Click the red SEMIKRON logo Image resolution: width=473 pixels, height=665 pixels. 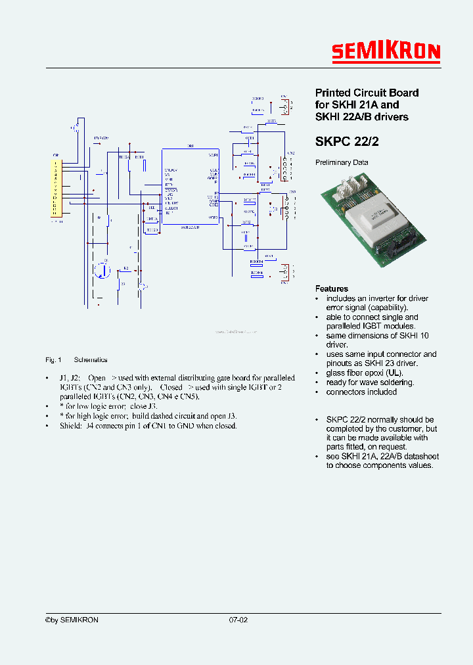pos(385,53)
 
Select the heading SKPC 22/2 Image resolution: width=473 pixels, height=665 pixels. pos(347,141)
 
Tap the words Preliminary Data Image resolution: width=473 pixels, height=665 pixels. pos(342,162)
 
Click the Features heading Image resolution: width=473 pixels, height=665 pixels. pos(332,288)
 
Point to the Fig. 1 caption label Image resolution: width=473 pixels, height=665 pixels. pos(53,360)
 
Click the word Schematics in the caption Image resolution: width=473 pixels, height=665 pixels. pos(91,360)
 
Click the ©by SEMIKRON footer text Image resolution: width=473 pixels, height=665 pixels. pos(72,620)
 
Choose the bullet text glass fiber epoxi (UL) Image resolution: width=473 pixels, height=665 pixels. pos(365,373)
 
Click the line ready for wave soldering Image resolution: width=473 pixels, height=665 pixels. pos(370,382)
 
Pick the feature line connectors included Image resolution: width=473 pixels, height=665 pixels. pos(361,392)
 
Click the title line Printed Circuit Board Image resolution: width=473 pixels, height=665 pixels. pos(367,93)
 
